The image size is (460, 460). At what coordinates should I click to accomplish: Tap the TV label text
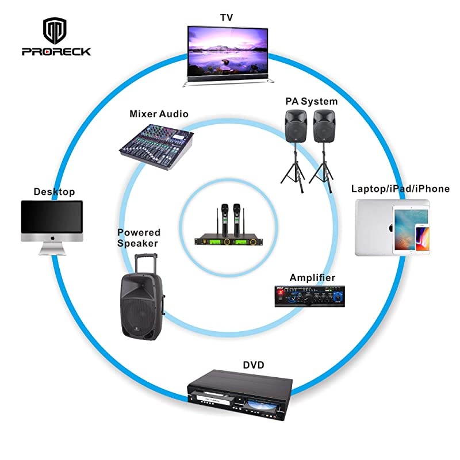coord(226,18)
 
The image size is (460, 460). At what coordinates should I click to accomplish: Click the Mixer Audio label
coord(159,114)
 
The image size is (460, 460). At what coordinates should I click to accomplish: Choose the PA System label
coord(311,101)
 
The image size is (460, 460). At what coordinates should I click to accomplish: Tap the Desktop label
coord(54,191)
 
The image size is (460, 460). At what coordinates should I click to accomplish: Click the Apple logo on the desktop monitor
coord(52,236)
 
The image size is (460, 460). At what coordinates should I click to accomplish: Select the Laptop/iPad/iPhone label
coord(400,189)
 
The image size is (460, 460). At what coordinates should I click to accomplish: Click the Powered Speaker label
coord(139,237)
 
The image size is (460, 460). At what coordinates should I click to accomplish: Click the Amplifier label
coord(312,278)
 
